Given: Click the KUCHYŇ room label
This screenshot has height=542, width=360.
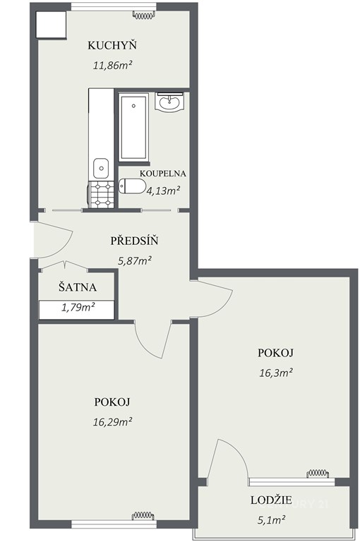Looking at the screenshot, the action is (112, 44).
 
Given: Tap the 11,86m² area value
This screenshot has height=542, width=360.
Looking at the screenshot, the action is (112, 65).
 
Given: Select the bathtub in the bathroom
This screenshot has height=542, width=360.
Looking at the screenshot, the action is (134, 127).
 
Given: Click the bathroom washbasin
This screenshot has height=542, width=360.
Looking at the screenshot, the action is (169, 102).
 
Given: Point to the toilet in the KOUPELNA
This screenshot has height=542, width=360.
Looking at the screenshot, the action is (132, 186).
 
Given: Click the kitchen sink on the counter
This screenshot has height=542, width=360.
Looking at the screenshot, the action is (101, 169).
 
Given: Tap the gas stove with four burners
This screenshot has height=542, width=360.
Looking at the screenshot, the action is (101, 195).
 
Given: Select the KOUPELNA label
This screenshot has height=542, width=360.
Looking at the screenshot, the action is (162, 174).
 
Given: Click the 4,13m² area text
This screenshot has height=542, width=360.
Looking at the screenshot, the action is (163, 191).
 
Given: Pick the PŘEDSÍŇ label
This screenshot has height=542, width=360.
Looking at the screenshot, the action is (134, 241).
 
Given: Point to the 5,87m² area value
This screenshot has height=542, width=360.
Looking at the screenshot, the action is (135, 260).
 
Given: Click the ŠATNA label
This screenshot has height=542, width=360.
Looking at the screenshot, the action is (78, 287).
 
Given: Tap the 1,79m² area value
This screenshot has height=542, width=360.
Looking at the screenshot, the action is (78, 307).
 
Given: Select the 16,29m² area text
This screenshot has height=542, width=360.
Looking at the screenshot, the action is (112, 422).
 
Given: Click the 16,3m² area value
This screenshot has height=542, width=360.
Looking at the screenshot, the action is (276, 373).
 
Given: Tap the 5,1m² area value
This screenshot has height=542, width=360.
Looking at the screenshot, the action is (272, 519).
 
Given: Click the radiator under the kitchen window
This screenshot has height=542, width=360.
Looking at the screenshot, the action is (143, 16).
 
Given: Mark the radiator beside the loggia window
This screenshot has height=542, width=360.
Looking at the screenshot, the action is (318, 473).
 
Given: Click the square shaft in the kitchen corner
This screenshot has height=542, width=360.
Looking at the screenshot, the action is (51, 25).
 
